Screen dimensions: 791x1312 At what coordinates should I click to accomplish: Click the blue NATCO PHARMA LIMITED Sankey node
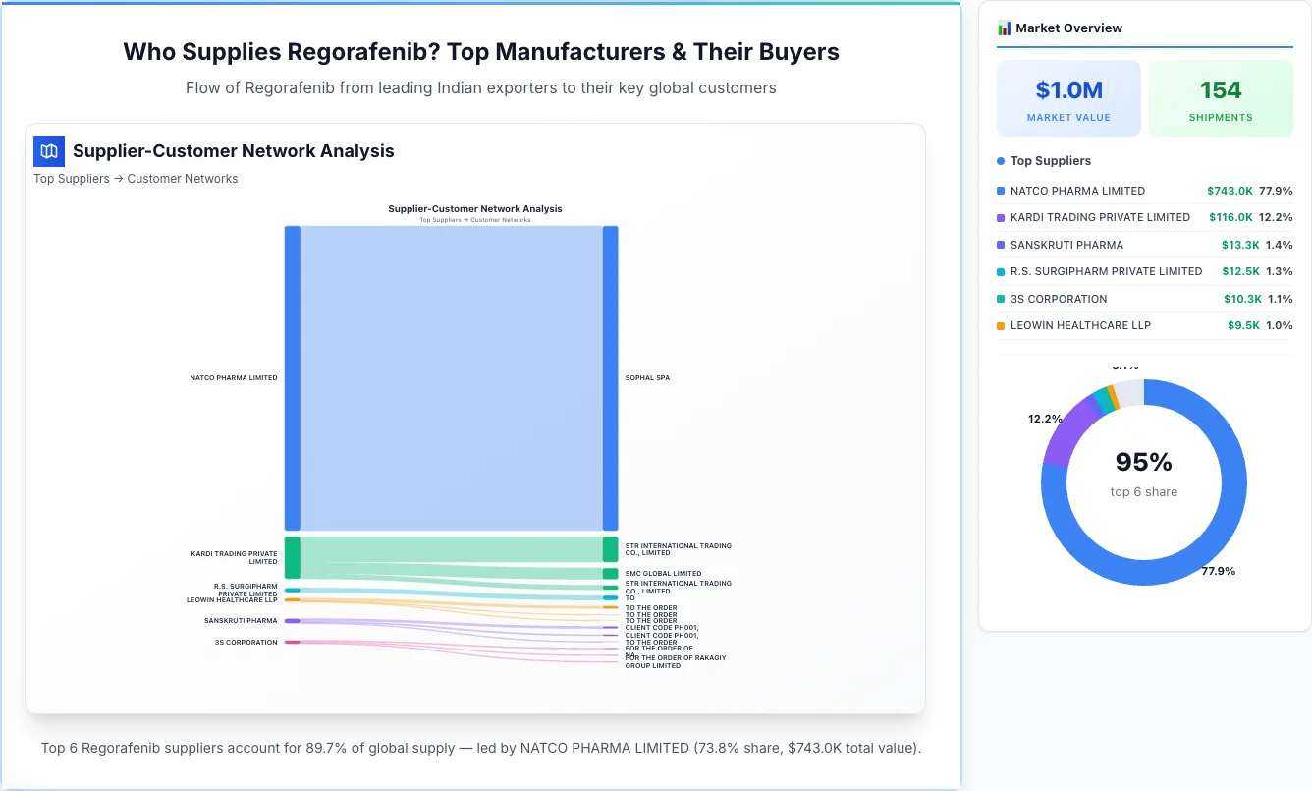(x=292, y=378)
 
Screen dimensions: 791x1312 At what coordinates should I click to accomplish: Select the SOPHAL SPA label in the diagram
(x=647, y=378)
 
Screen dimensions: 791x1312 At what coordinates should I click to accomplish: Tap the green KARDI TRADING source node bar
(x=292, y=557)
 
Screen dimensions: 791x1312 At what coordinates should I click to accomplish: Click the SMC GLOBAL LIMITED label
(x=663, y=574)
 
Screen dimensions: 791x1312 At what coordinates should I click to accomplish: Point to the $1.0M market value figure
(x=1068, y=90)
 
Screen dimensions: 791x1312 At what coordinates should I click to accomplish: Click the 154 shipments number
(x=1221, y=90)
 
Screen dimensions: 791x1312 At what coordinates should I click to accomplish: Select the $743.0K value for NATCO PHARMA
(x=1230, y=191)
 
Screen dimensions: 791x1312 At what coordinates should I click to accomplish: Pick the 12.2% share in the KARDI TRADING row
(x=1276, y=217)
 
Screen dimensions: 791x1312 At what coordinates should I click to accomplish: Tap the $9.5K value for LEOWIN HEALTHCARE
(x=1242, y=325)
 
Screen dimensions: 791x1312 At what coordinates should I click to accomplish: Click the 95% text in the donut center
(x=1144, y=462)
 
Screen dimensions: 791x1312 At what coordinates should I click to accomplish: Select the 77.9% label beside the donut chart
(x=1218, y=571)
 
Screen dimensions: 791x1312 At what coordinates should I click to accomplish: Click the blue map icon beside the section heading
(x=49, y=151)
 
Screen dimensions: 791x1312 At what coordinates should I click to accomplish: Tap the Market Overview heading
(x=1068, y=28)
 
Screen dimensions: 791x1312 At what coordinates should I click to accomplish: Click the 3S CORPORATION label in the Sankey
(x=246, y=643)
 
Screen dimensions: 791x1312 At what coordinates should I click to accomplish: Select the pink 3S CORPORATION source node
(x=292, y=643)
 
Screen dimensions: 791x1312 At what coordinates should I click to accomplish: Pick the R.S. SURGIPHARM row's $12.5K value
(x=1241, y=271)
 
